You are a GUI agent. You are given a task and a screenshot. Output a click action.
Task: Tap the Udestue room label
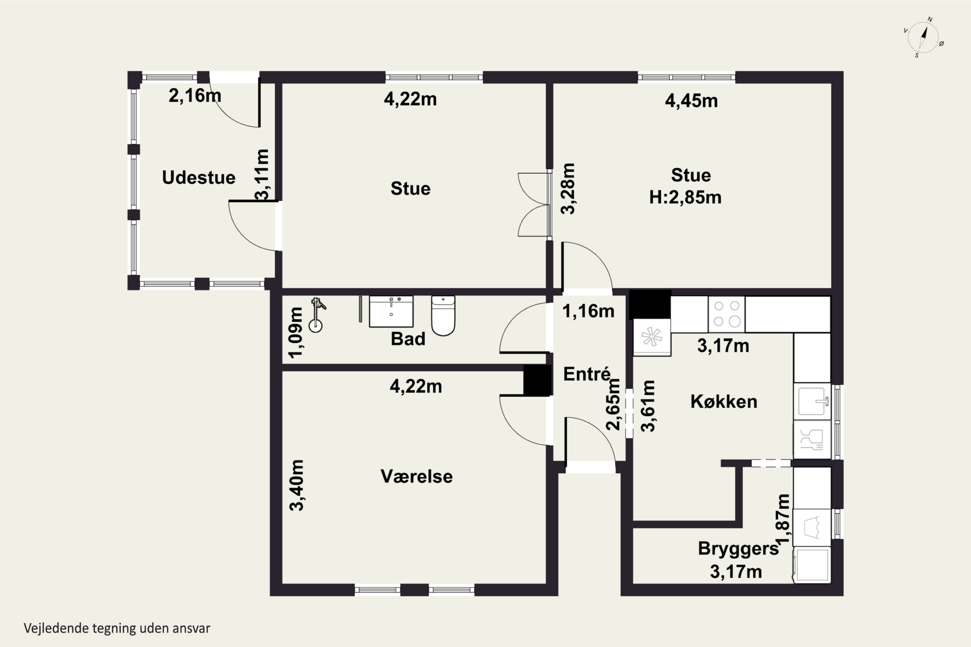tap(199, 177)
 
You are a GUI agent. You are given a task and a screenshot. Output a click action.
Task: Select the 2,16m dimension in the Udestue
tap(195, 96)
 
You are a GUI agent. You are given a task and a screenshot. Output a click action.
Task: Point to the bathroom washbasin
tap(391, 312)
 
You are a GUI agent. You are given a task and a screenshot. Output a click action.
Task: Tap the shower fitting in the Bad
tap(317, 314)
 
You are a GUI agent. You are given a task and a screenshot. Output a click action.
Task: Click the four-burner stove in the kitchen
tap(727, 314)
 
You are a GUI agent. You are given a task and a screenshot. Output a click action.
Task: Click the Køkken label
tap(724, 401)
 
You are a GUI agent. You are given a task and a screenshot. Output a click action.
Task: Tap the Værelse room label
tap(417, 477)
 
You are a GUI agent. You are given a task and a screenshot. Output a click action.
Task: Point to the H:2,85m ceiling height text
tap(685, 197)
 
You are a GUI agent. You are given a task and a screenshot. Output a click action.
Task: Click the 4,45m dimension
tap(691, 101)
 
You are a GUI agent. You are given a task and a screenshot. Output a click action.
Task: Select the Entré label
tap(586, 374)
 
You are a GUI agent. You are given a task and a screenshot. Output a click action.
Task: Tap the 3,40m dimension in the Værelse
tap(297, 485)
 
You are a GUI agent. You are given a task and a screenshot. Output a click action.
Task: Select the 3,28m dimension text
tap(568, 189)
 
